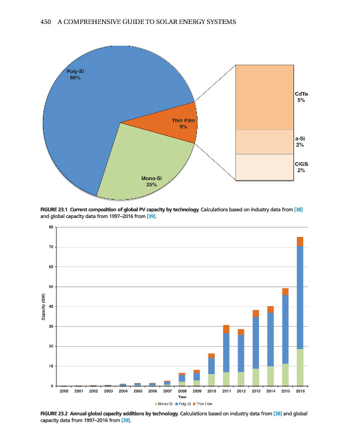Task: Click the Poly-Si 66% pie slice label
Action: point(75,75)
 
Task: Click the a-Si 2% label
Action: point(300,141)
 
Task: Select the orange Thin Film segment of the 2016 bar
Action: point(300,241)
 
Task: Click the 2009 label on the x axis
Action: point(196,392)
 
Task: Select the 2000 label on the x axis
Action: point(64,392)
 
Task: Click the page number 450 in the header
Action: point(46,22)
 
